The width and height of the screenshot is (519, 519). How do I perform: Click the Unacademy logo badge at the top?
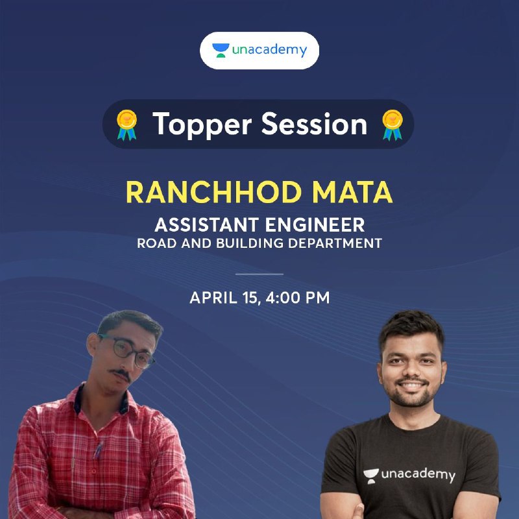pyautogui.click(x=259, y=51)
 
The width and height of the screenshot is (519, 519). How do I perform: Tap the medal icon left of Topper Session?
pyautogui.click(x=127, y=125)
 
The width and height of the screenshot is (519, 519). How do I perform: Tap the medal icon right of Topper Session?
pyautogui.click(x=392, y=125)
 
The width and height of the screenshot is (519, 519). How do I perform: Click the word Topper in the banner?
pyautogui.click(x=202, y=125)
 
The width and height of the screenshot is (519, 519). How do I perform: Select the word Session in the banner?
pyautogui.click(x=315, y=124)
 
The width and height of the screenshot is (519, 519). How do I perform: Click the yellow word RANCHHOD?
pyautogui.click(x=214, y=192)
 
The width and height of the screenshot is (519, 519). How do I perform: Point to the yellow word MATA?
pyautogui.click(x=352, y=192)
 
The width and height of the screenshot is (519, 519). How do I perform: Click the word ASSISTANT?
pyautogui.click(x=206, y=224)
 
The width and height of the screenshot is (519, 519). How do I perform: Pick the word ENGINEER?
pyautogui.click(x=315, y=224)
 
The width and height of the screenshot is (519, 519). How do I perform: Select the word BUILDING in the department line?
pyautogui.click(x=250, y=243)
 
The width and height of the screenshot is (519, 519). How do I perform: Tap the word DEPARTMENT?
pyautogui.click(x=335, y=243)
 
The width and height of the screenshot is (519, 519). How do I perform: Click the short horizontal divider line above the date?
pyautogui.click(x=259, y=274)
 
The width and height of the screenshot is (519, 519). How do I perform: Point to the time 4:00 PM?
pyautogui.click(x=298, y=297)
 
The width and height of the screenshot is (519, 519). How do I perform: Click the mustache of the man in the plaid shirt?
pyautogui.click(x=121, y=374)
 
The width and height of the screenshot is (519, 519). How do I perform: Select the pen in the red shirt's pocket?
pyautogui.click(x=97, y=450)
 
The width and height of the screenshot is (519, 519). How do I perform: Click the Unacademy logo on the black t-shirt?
pyautogui.click(x=409, y=476)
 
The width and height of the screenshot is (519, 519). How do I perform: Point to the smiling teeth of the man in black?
pyautogui.click(x=411, y=385)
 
